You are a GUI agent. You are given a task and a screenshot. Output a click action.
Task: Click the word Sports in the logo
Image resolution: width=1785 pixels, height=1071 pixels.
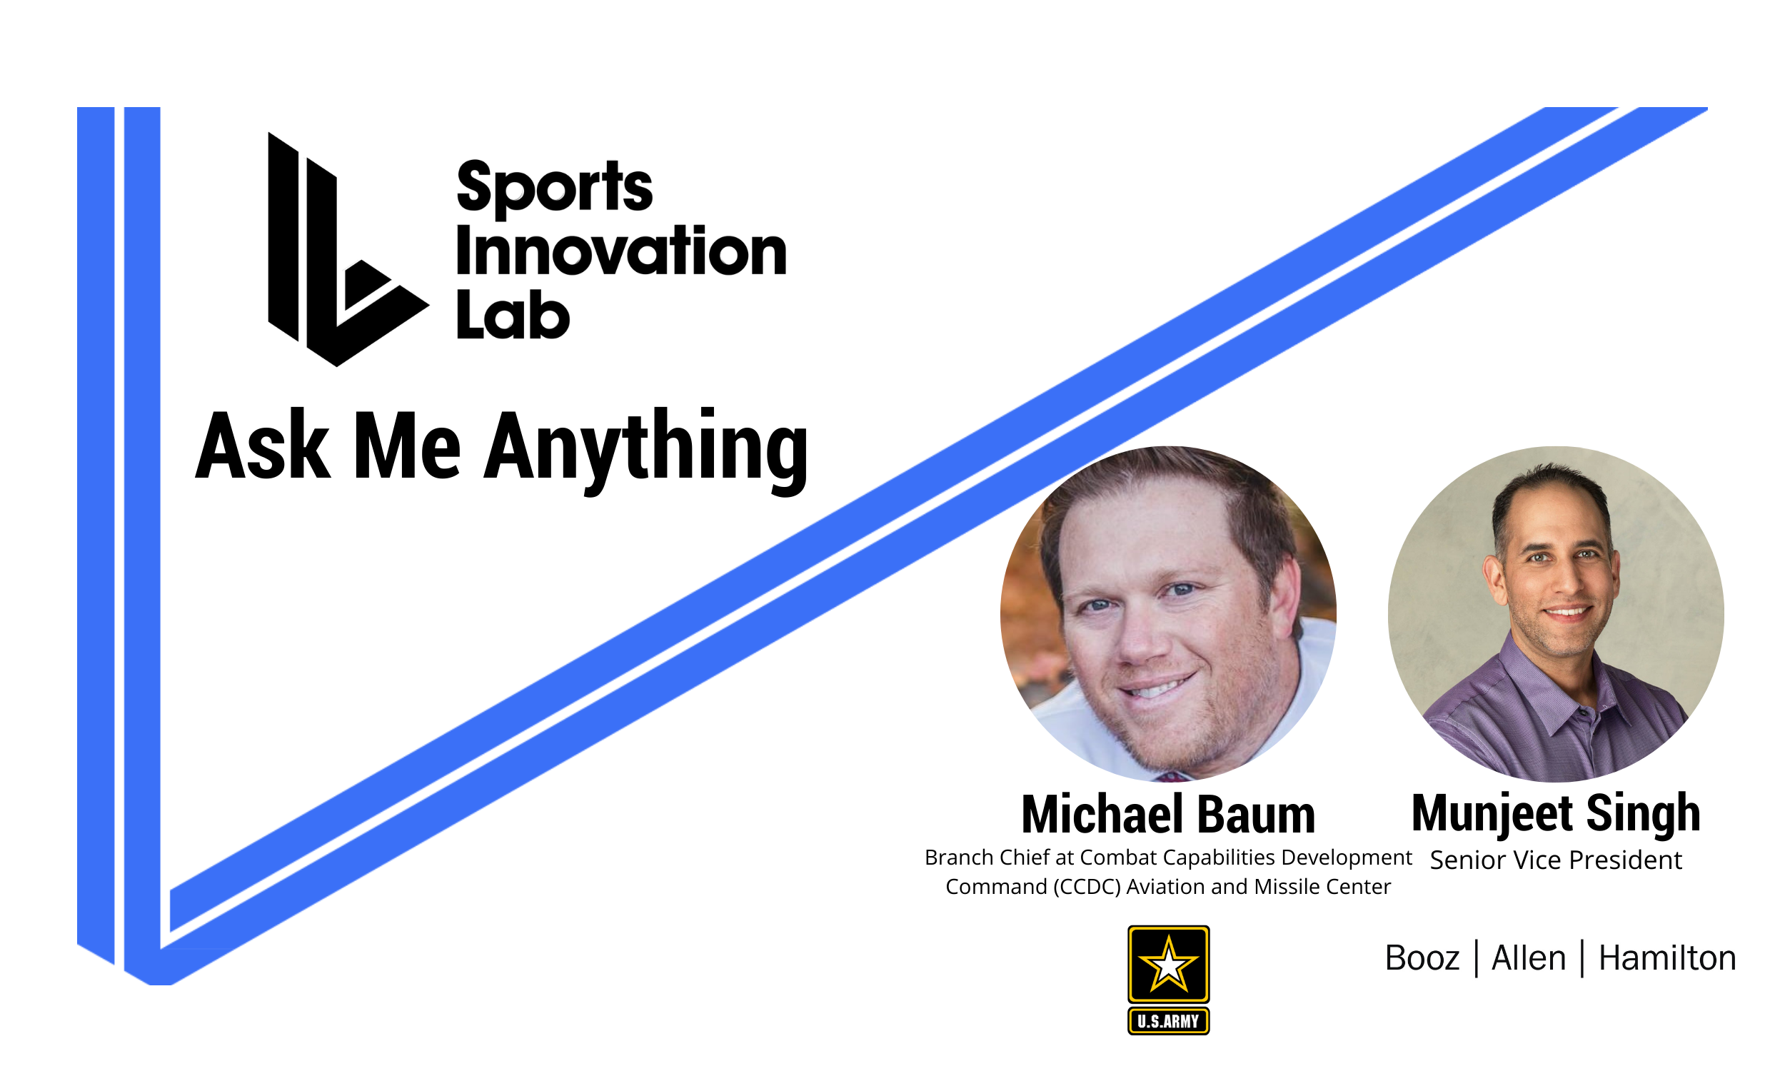tap(554, 188)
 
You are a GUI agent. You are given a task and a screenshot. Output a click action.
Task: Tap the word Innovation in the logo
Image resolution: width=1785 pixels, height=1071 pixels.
tap(620, 251)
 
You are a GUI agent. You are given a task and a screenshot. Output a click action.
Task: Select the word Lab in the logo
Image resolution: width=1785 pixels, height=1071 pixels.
tap(512, 316)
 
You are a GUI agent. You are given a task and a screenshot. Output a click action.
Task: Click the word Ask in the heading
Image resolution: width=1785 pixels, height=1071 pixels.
tap(263, 448)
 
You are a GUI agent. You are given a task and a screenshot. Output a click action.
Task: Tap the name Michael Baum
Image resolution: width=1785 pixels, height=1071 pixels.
tap(1168, 815)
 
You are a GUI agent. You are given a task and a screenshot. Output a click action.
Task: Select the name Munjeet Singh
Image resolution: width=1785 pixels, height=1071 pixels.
tap(1556, 813)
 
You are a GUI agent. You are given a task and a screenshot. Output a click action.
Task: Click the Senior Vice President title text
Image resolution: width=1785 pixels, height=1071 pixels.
tap(1556, 860)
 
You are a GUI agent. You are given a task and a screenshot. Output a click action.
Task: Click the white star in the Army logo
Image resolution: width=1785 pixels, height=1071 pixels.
tap(1168, 965)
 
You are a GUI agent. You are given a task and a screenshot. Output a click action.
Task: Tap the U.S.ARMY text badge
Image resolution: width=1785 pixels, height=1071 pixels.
tap(1168, 1021)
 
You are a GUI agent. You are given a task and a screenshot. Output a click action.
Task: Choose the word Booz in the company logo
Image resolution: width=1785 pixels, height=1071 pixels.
tap(1422, 958)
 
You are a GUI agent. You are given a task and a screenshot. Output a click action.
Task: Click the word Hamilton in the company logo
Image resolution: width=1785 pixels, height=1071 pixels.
tap(1666, 958)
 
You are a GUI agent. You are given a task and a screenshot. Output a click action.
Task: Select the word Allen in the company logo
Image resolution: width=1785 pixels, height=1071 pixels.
tap(1528, 958)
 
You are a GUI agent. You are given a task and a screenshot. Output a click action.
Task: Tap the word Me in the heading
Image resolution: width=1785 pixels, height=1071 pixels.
tap(407, 448)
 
